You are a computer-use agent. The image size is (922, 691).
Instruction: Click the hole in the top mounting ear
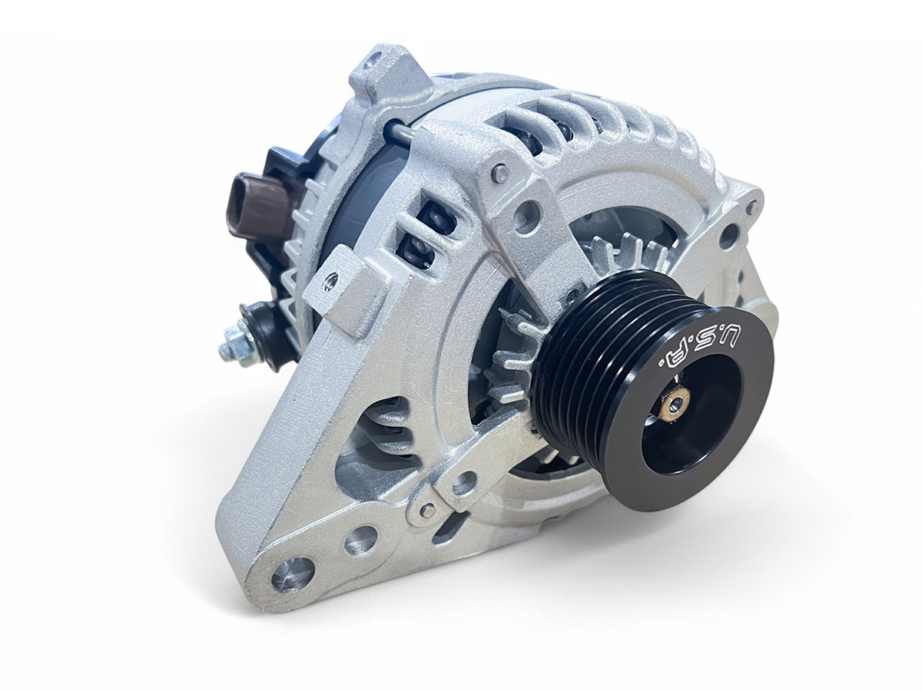(x=370, y=64)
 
